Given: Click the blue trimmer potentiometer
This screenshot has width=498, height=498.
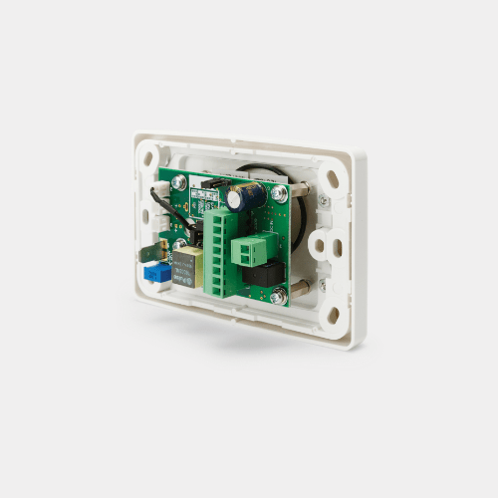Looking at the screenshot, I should pyautogui.click(x=154, y=270).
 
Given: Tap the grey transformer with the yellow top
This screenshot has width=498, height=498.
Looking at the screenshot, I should pyautogui.click(x=185, y=267).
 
